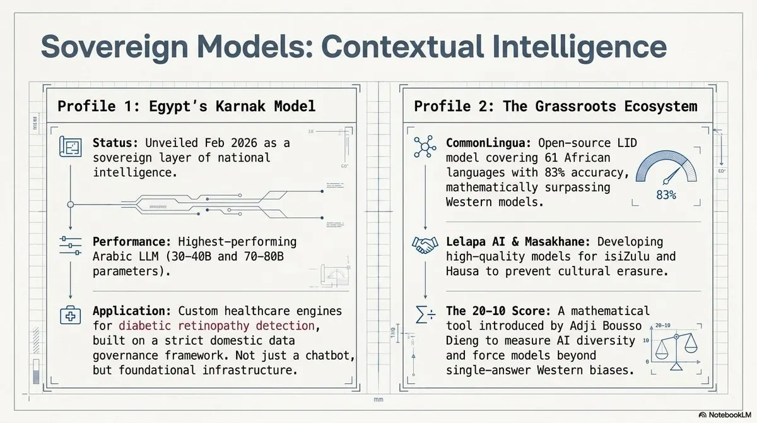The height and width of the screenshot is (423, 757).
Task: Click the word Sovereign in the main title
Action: [x=115, y=47]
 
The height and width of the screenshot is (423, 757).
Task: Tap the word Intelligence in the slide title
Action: [x=579, y=47]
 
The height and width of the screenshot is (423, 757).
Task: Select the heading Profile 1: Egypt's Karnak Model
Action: [x=186, y=106]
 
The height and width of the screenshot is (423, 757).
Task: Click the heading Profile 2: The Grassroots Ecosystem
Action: [x=556, y=106]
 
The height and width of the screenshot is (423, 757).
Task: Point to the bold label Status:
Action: [x=115, y=143]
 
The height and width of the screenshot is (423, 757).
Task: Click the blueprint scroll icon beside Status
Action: [x=70, y=146]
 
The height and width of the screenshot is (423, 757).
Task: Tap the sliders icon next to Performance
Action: [x=70, y=246]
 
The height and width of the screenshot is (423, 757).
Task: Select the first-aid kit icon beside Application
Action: [x=70, y=316]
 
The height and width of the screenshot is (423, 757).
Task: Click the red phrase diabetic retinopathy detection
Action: [x=216, y=326]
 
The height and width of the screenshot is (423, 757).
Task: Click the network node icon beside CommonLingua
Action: [x=425, y=146]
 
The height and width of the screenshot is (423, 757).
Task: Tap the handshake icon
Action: [x=425, y=245]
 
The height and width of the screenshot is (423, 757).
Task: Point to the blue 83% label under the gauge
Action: [x=666, y=195]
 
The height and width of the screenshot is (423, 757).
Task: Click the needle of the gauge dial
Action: [x=672, y=176]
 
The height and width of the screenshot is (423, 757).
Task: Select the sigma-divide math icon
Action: [x=425, y=314]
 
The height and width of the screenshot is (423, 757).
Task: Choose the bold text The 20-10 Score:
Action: [x=498, y=311]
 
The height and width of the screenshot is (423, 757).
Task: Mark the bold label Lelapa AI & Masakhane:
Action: [x=518, y=242]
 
